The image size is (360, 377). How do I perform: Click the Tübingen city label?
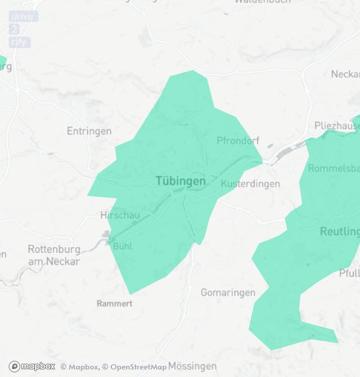tap(180, 182)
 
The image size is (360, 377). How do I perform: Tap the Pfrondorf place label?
tap(238, 140)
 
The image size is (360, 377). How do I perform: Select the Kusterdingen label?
tap(250, 184)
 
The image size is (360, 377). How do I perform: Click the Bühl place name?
tap(122, 246)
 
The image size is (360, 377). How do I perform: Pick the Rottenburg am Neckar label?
tap(53, 255)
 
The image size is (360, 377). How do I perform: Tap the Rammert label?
tap(114, 303)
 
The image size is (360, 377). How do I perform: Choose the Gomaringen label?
tap(228, 293)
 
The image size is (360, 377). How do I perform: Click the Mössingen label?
tap(192, 366)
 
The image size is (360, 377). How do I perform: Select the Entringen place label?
tap(89, 131)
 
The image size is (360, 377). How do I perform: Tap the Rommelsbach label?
tap(334, 169)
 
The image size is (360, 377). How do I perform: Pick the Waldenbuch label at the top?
tap(262, 2)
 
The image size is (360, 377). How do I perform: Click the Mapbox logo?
tap(32, 366)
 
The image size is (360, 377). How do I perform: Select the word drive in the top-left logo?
tap(23, 16)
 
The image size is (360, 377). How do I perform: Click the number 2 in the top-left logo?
tap(14, 29)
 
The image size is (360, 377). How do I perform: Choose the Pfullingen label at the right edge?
tap(349, 273)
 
